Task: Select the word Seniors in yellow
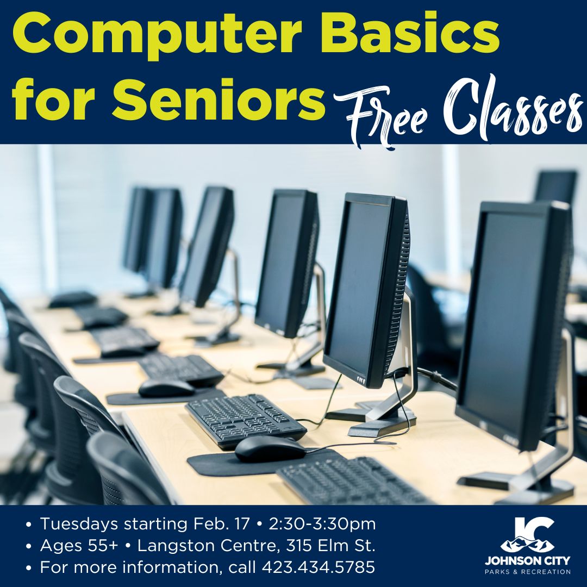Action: [218, 99]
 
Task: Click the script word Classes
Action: [513, 109]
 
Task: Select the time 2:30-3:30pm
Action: [322, 524]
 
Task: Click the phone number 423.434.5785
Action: [318, 567]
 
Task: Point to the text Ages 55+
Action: [79, 546]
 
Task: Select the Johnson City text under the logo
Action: [527, 561]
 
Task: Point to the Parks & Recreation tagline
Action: [527, 572]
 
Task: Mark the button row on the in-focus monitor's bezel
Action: [361, 380]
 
